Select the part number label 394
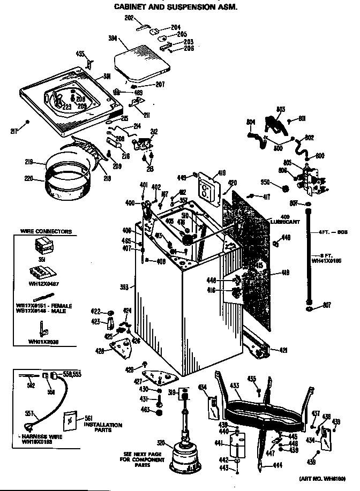point(112,39)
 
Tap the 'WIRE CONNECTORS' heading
point(46,232)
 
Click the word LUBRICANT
point(284,221)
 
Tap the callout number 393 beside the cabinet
point(124,288)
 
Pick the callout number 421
point(283,350)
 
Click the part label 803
point(280,110)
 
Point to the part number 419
point(222,173)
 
